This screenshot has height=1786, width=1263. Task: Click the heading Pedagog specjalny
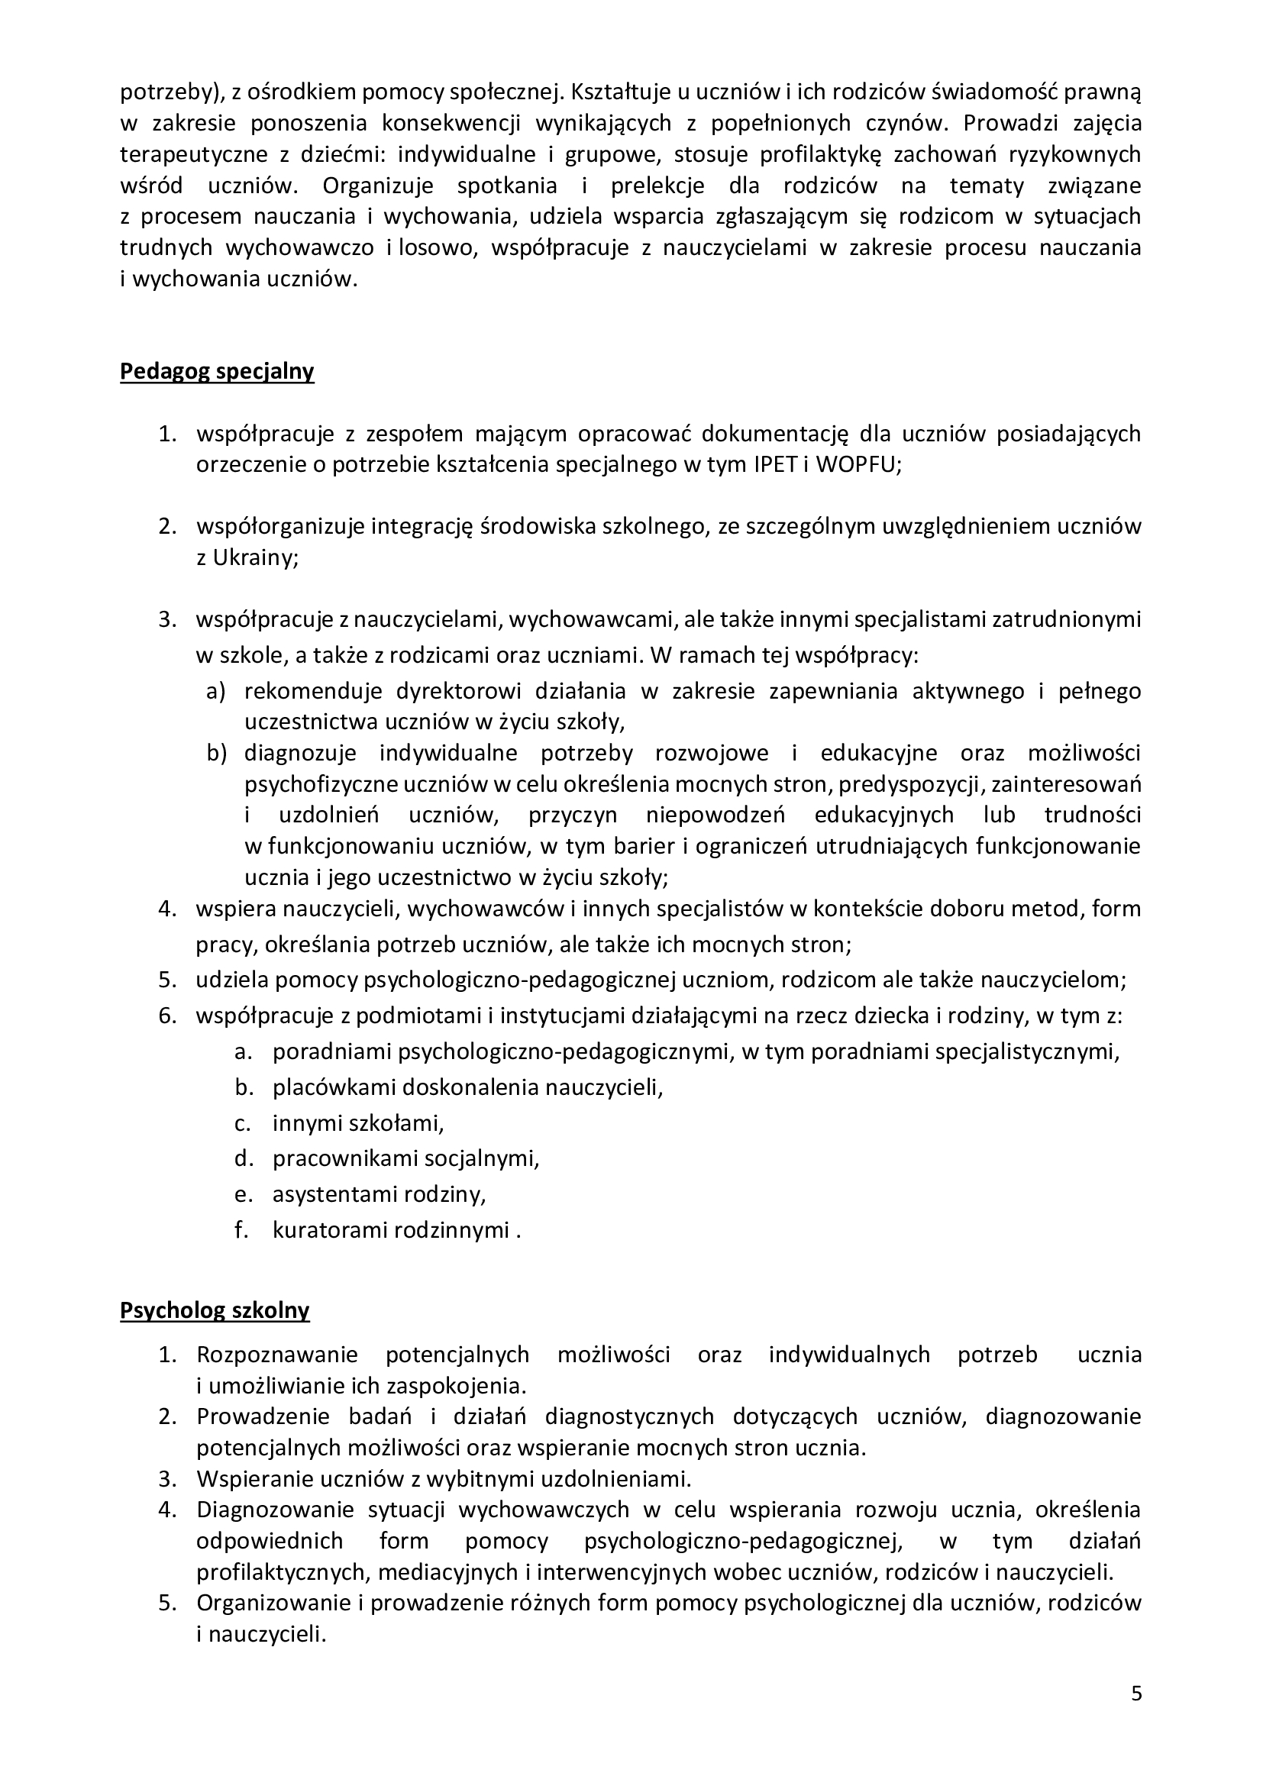tap(217, 372)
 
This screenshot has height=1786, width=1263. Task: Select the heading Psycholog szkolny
tap(215, 1311)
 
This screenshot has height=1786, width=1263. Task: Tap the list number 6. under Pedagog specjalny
tap(168, 1016)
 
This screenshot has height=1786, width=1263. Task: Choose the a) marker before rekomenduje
tap(215, 691)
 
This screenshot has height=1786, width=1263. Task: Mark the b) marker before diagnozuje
tap(215, 753)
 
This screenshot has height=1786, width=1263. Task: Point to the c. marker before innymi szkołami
tap(243, 1123)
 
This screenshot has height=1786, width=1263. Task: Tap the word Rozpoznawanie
tap(277, 1355)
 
